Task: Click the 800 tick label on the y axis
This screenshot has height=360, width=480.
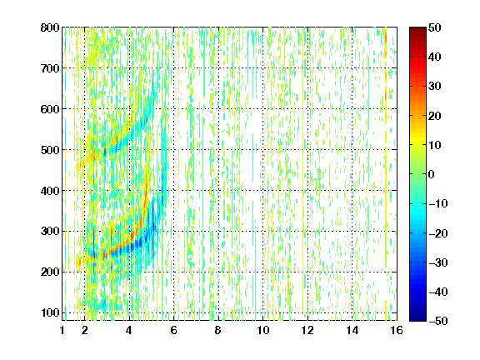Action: tap(50, 27)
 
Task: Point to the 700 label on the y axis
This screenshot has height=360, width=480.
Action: tap(50, 68)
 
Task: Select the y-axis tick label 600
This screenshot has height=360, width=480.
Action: tap(50, 109)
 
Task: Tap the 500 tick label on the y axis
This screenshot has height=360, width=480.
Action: tap(50, 150)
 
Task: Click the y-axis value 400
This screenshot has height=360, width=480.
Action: tap(50, 191)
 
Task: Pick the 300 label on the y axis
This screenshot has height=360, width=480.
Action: tap(50, 232)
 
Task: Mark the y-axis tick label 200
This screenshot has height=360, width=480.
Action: tap(50, 272)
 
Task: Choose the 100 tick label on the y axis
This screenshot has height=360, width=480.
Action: tap(50, 312)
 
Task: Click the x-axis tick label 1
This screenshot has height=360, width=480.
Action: tap(62, 330)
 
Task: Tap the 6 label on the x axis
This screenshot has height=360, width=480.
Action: tap(174, 330)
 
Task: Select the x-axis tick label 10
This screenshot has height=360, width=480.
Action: tap(263, 330)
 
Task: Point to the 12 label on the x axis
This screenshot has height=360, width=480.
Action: tap(307, 330)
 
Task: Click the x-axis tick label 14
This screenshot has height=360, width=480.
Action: tap(352, 330)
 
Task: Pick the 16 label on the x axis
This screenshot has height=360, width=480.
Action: tap(397, 330)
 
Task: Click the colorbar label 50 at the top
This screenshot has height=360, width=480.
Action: tap(434, 27)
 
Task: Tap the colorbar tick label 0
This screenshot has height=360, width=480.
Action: tap(432, 174)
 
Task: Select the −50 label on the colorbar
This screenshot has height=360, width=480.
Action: tap(438, 321)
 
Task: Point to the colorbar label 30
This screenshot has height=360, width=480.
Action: tap(434, 86)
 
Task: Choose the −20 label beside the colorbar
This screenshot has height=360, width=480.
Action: tap(438, 233)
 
